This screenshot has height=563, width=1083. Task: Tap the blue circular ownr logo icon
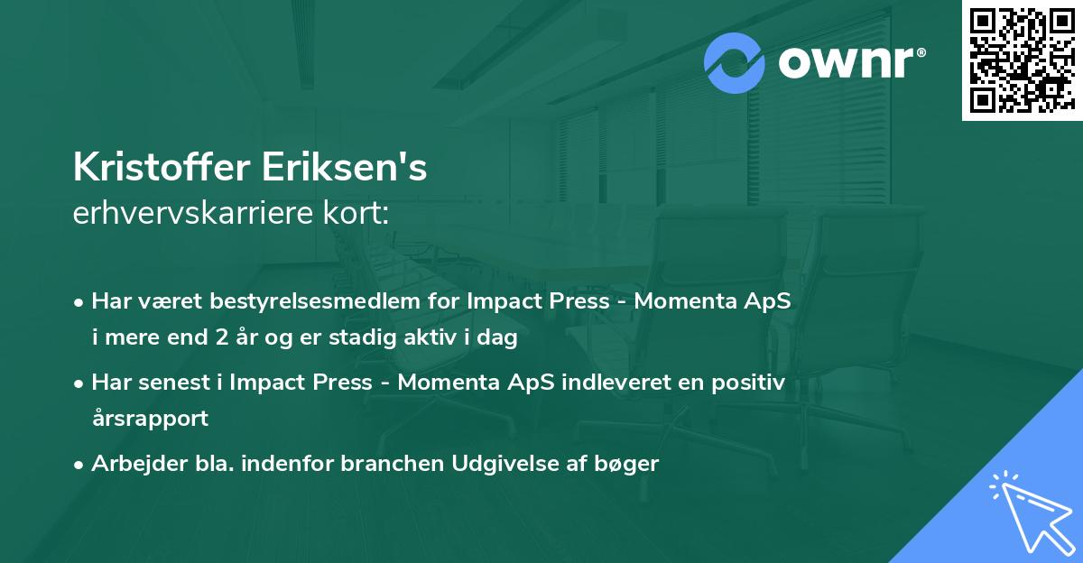[736, 63]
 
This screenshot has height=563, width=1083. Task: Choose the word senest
[177, 383]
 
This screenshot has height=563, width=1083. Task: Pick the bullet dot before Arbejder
[80, 465]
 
